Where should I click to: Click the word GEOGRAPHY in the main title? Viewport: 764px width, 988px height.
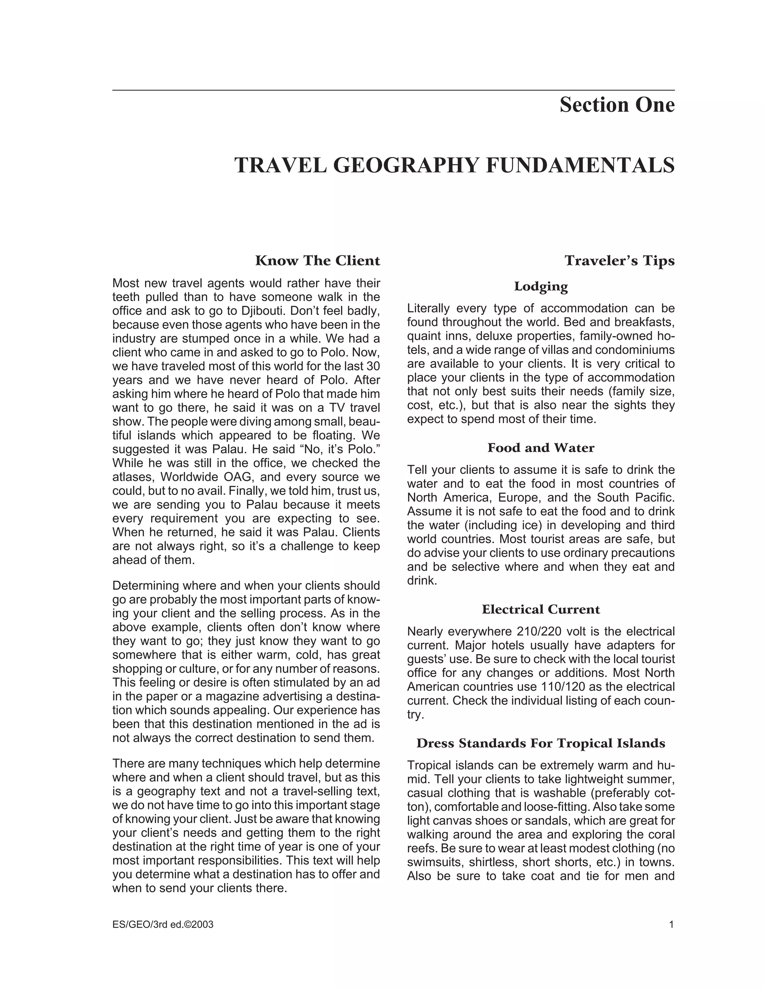406,165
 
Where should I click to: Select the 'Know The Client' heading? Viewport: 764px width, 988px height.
317,261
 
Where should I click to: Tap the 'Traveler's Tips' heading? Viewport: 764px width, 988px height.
619,261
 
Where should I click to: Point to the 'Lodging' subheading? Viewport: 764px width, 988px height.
541,286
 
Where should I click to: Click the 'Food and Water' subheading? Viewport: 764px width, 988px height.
541,448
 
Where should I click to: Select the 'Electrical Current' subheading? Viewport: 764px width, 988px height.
541,609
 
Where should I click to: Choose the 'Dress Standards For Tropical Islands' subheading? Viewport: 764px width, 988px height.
541,743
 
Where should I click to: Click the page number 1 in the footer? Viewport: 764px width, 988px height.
671,925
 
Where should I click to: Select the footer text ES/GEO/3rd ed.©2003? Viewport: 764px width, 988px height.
163,925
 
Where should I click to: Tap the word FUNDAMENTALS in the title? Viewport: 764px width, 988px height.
580,165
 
